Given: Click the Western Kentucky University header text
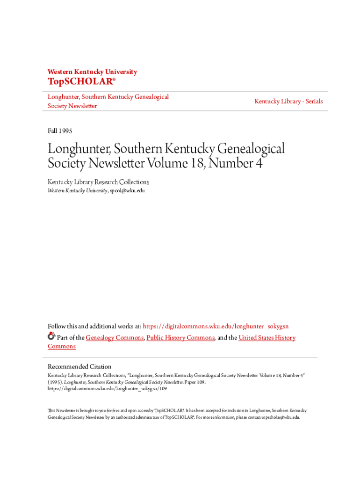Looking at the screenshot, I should [92, 72].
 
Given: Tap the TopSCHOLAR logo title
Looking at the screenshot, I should [80, 82].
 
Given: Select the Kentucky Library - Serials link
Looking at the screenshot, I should [288, 102].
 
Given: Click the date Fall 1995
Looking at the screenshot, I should [60, 131].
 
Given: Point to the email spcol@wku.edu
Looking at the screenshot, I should [127, 191].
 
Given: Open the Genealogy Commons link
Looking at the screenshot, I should [115, 338].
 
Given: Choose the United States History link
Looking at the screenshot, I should [266, 338].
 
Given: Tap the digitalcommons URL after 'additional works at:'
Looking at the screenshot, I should [219, 326].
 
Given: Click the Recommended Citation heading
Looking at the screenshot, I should [79, 367].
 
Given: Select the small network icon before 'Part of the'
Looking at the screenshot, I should [51, 336].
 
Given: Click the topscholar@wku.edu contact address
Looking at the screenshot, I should [280, 417].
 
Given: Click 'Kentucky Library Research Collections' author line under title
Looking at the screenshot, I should [98, 182].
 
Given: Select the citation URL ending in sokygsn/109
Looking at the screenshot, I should [107, 388].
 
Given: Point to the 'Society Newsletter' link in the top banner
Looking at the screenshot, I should [72, 106].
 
